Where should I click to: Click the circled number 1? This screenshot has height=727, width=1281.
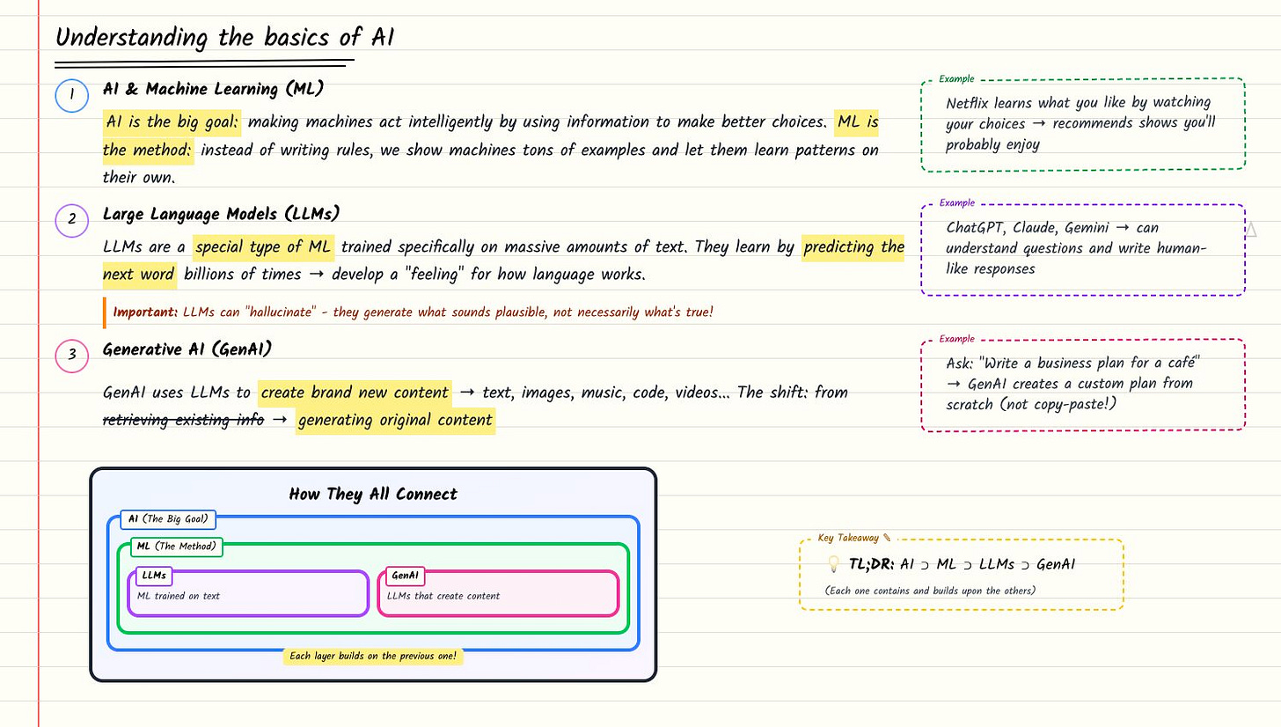[x=71, y=96]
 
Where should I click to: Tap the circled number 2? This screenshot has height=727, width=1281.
[x=71, y=221]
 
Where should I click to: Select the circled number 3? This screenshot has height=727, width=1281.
[x=71, y=356]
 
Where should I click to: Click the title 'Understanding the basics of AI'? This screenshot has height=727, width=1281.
[x=225, y=38]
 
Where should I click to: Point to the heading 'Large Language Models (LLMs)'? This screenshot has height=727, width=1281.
[x=221, y=214]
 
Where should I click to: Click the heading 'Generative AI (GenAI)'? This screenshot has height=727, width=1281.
[x=187, y=349]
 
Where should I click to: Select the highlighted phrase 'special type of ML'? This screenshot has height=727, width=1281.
[x=264, y=247]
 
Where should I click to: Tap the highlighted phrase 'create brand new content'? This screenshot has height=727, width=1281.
[x=355, y=393]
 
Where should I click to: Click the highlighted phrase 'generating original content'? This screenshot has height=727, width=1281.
[x=395, y=421]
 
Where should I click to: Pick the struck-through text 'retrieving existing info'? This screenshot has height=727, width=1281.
[x=183, y=421]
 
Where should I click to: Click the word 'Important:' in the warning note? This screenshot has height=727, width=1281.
[x=145, y=312]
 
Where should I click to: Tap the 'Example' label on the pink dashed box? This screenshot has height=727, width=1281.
[x=956, y=339]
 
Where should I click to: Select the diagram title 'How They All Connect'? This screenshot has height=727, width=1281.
[x=373, y=495]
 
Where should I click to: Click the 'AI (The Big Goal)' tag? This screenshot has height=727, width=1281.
[x=168, y=519]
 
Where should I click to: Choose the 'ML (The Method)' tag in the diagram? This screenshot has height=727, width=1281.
[x=177, y=547]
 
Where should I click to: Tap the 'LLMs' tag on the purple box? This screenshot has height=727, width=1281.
[x=154, y=576]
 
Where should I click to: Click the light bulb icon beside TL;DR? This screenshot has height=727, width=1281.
[x=833, y=565]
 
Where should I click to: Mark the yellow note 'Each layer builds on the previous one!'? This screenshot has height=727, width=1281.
[x=373, y=657]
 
